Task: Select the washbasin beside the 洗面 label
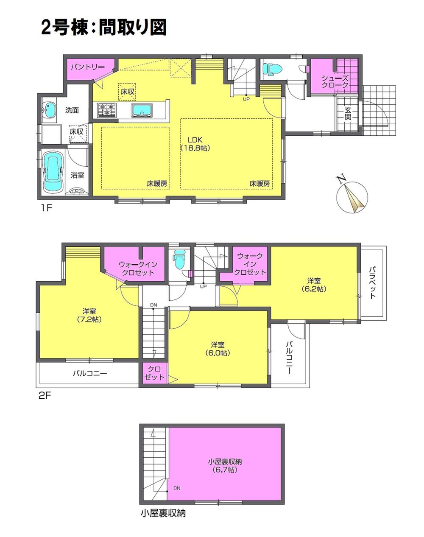(50, 110)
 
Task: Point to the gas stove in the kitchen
(107, 110)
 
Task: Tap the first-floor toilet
(270, 68)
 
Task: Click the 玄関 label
(348, 114)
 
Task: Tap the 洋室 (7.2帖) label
(88, 315)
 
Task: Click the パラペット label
(372, 282)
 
